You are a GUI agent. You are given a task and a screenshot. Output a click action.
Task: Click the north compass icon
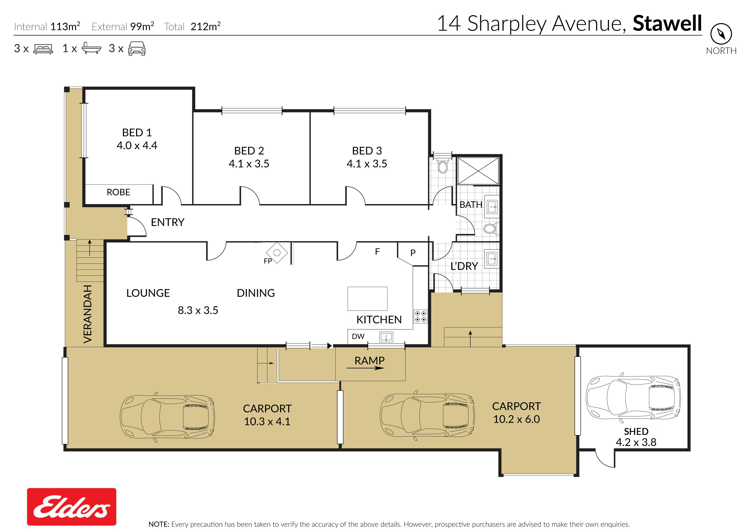[721, 33]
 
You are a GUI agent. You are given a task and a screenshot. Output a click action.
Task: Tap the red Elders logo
[71, 506]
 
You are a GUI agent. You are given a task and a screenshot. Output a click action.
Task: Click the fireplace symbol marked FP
[277, 253]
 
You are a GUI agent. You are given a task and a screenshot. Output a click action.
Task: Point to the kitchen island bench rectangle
[367, 298]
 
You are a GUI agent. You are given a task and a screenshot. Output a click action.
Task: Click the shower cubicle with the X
[478, 171]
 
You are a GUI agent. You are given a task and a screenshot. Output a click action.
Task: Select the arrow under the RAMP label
[365, 368]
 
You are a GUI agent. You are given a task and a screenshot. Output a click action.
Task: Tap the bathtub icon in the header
[91, 48]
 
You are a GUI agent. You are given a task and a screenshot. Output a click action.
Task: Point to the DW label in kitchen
[358, 336]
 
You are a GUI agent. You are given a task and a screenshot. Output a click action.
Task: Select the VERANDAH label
[87, 314]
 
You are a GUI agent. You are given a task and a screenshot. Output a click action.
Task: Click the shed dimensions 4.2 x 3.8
[636, 442]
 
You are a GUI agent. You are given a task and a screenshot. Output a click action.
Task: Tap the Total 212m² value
[206, 26]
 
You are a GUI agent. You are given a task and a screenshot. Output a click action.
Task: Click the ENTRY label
[168, 222]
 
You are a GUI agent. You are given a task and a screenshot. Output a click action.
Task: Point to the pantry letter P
[413, 253]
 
